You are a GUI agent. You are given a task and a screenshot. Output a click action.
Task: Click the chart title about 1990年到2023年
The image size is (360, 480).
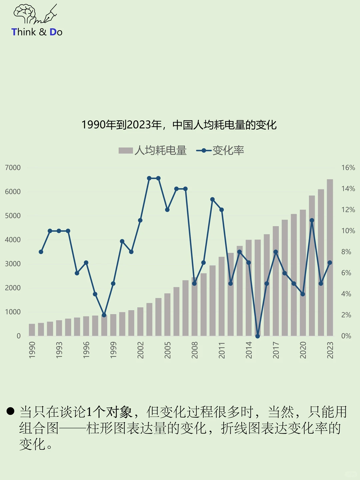click(179, 125)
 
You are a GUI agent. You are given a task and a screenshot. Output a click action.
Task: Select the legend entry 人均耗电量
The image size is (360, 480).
click(153, 151)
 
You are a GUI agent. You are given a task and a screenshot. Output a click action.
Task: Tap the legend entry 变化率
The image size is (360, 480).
click(220, 151)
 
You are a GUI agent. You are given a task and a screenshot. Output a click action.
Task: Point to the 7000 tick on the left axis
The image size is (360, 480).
click(13, 168)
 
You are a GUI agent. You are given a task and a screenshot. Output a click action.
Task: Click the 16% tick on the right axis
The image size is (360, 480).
click(348, 168)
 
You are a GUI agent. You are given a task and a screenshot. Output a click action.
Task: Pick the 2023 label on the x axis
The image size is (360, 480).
click(330, 350)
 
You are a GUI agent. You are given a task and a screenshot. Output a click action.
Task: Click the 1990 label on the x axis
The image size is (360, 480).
click(32, 350)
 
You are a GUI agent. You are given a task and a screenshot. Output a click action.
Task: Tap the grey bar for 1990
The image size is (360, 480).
click(32, 330)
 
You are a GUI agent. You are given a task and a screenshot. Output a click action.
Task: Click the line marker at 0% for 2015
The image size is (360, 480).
click(258, 336)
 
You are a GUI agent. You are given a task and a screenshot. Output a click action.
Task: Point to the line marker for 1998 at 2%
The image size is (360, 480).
click(104, 315)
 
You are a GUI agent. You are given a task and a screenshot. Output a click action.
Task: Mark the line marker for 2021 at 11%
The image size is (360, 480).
click(312, 220)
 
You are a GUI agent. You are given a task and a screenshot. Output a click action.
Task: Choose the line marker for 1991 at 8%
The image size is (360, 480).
click(41, 252)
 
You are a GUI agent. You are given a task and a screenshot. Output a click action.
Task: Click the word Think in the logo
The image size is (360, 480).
click(24, 32)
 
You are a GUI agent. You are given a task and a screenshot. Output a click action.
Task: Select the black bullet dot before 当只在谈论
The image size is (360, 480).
click(10, 411)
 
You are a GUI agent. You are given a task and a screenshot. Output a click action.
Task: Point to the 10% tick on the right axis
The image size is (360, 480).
click(348, 231)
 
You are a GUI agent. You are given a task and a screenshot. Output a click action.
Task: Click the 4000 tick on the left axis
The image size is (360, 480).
click(13, 240)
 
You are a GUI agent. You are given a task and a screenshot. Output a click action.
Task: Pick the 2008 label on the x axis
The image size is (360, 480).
click(195, 350)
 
